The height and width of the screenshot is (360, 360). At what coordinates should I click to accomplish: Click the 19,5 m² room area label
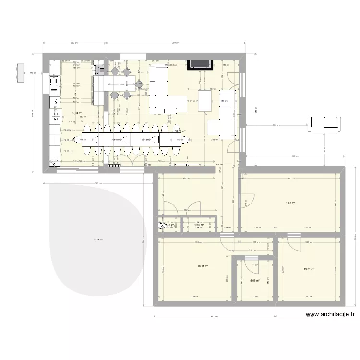291,203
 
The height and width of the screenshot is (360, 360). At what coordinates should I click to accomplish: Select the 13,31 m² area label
309,269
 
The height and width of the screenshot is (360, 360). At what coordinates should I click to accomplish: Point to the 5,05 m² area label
254,281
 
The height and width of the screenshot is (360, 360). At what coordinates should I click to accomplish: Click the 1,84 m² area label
199,224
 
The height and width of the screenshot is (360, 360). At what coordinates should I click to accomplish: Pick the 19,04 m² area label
76,113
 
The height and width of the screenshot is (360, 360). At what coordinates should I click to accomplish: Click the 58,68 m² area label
180,131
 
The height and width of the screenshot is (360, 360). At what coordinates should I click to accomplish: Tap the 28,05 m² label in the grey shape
98,240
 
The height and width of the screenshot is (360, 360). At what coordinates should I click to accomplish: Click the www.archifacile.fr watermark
330,315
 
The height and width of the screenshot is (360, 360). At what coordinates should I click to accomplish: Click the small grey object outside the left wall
20,72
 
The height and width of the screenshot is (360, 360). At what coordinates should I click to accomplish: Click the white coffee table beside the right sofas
205,101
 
